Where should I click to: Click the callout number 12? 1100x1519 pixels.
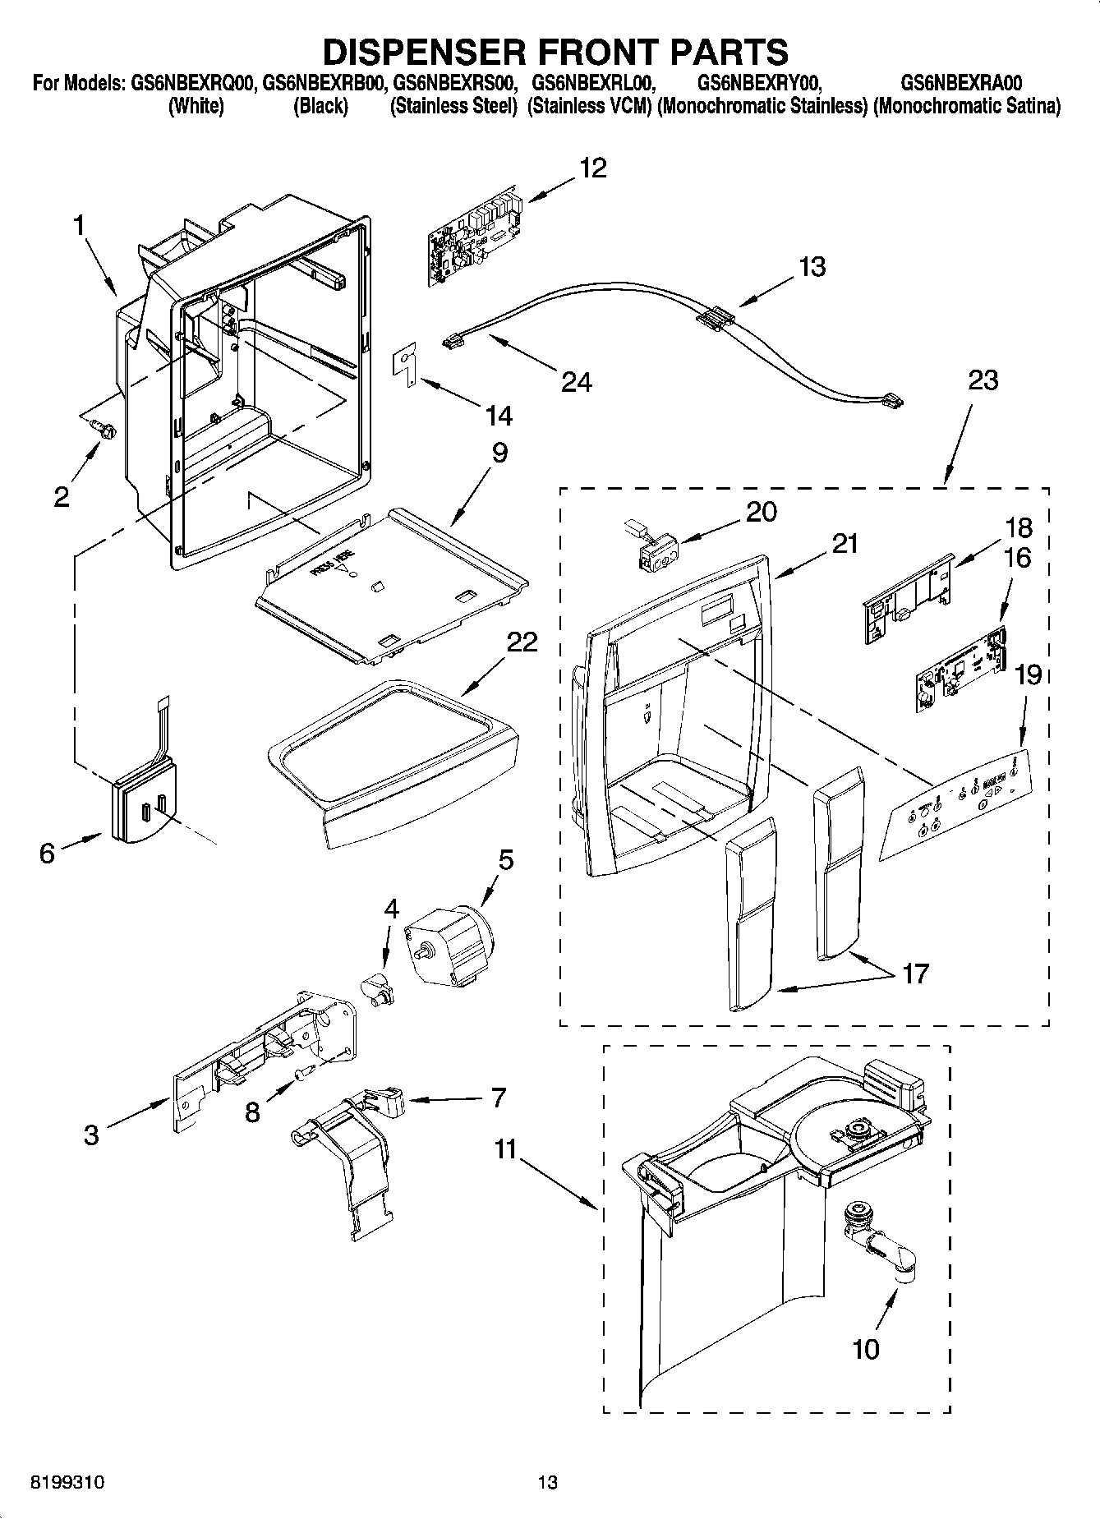pos(592,168)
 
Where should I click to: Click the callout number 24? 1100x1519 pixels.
pos(576,381)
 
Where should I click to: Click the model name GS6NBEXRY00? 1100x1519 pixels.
pos(757,83)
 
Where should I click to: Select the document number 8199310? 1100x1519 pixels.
pos(67,1483)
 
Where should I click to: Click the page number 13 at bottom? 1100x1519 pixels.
pos(547,1483)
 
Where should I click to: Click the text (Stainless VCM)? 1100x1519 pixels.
pos(590,107)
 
